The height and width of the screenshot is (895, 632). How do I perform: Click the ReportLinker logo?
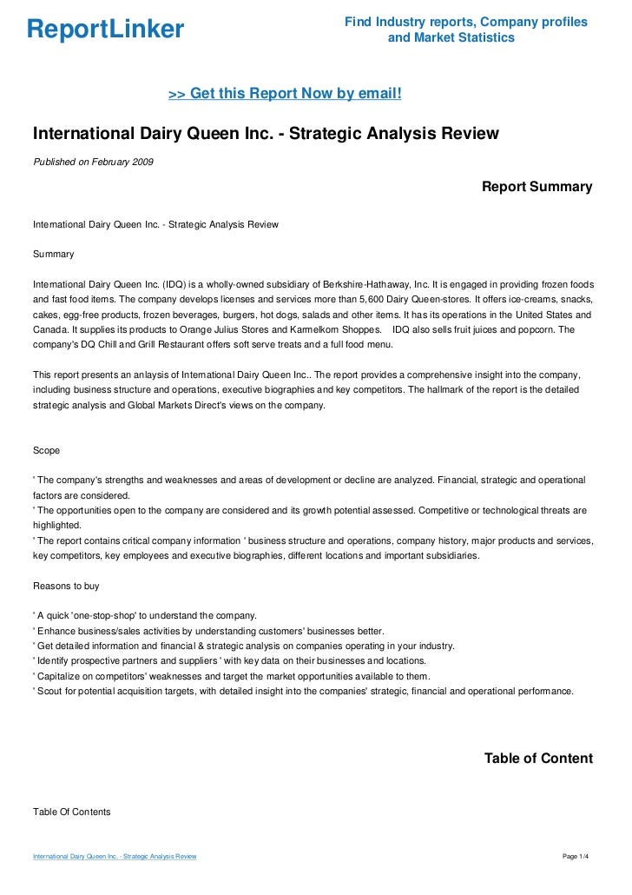point(106,30)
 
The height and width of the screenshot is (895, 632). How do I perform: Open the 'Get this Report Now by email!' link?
point(285,93)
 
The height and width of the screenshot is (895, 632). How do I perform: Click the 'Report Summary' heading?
point(537,187)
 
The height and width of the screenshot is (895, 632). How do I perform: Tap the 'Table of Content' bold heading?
point(538,759)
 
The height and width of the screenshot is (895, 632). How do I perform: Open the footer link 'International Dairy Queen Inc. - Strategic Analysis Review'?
point(115,857)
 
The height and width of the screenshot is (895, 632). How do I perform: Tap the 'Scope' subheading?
point(47,451)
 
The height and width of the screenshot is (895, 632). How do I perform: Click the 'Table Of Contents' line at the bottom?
point(72,812)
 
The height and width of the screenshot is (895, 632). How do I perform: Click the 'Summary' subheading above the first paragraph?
point(53,255)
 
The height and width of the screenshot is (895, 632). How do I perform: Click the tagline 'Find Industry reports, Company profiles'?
point(466,22)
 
